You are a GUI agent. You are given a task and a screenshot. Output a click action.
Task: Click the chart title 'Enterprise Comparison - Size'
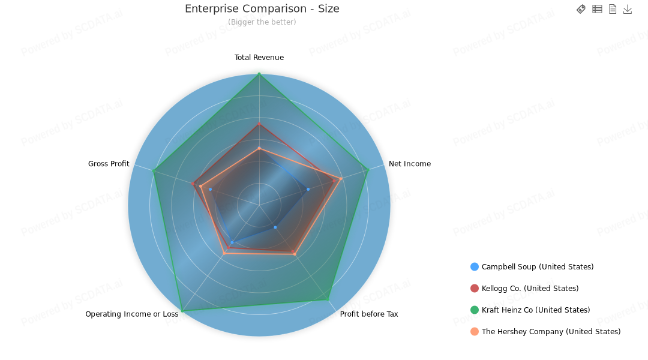262,9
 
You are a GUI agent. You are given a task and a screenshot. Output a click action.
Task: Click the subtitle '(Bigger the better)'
262,22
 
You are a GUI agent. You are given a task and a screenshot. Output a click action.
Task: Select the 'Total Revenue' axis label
259,58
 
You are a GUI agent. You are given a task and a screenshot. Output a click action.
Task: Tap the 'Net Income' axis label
410,164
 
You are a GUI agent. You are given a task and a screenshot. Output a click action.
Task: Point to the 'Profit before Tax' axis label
369,314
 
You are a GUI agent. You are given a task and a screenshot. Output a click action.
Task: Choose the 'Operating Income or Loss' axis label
132,314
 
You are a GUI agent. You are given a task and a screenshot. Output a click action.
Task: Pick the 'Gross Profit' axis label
109,164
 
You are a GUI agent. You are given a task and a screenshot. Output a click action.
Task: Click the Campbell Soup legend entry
537,267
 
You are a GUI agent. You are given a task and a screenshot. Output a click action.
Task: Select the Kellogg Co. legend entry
530,289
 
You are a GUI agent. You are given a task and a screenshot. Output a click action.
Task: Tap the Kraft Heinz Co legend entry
535,310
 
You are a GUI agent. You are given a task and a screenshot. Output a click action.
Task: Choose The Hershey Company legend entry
551,332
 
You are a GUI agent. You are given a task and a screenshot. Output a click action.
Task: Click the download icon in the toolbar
628,9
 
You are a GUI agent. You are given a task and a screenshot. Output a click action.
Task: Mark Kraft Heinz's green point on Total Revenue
259,74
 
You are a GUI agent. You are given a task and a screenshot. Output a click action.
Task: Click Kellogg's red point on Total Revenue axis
259,124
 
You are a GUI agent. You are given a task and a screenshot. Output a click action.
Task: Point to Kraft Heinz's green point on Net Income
368,170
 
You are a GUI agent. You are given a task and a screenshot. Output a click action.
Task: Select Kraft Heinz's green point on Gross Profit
154,171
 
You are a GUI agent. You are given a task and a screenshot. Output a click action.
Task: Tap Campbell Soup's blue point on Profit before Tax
275,227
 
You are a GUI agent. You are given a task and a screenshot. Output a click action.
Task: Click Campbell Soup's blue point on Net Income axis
308,189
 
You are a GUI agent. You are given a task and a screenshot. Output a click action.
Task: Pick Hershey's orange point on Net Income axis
340,179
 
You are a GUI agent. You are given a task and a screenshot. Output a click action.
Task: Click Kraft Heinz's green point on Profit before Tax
328,299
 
